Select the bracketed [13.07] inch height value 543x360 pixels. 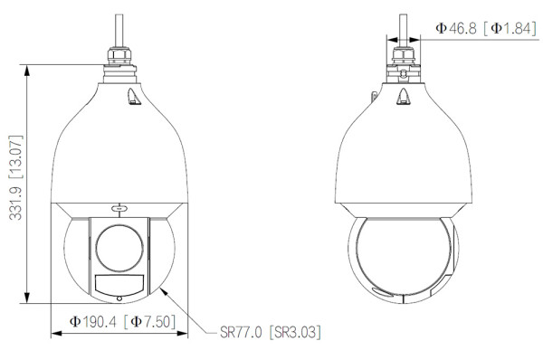(14, 156)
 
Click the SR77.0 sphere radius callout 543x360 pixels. (240, 333)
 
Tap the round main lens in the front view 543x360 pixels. (118, 244)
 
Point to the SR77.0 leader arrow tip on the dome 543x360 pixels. (161, 289)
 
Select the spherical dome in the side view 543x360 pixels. (402, 258)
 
